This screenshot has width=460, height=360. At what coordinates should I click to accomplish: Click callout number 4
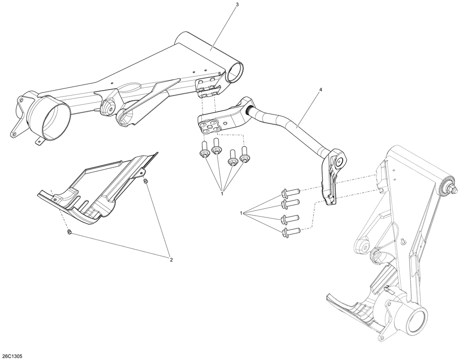pos(320,90)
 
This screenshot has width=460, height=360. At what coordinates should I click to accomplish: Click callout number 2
pos(171,259)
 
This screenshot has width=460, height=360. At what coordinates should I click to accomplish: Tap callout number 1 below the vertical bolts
pos(222,194)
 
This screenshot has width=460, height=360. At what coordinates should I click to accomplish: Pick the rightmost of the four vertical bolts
pos(245,154)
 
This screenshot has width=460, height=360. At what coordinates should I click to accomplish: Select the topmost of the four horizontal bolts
pos(290,192)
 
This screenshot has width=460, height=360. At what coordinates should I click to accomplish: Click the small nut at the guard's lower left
pos(69,232)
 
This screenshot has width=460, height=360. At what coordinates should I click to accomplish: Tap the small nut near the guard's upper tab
pos(145,181)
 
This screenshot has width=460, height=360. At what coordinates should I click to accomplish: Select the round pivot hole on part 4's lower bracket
pos(340,161)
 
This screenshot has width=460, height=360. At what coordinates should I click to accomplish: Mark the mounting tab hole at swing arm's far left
pos(13,134)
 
